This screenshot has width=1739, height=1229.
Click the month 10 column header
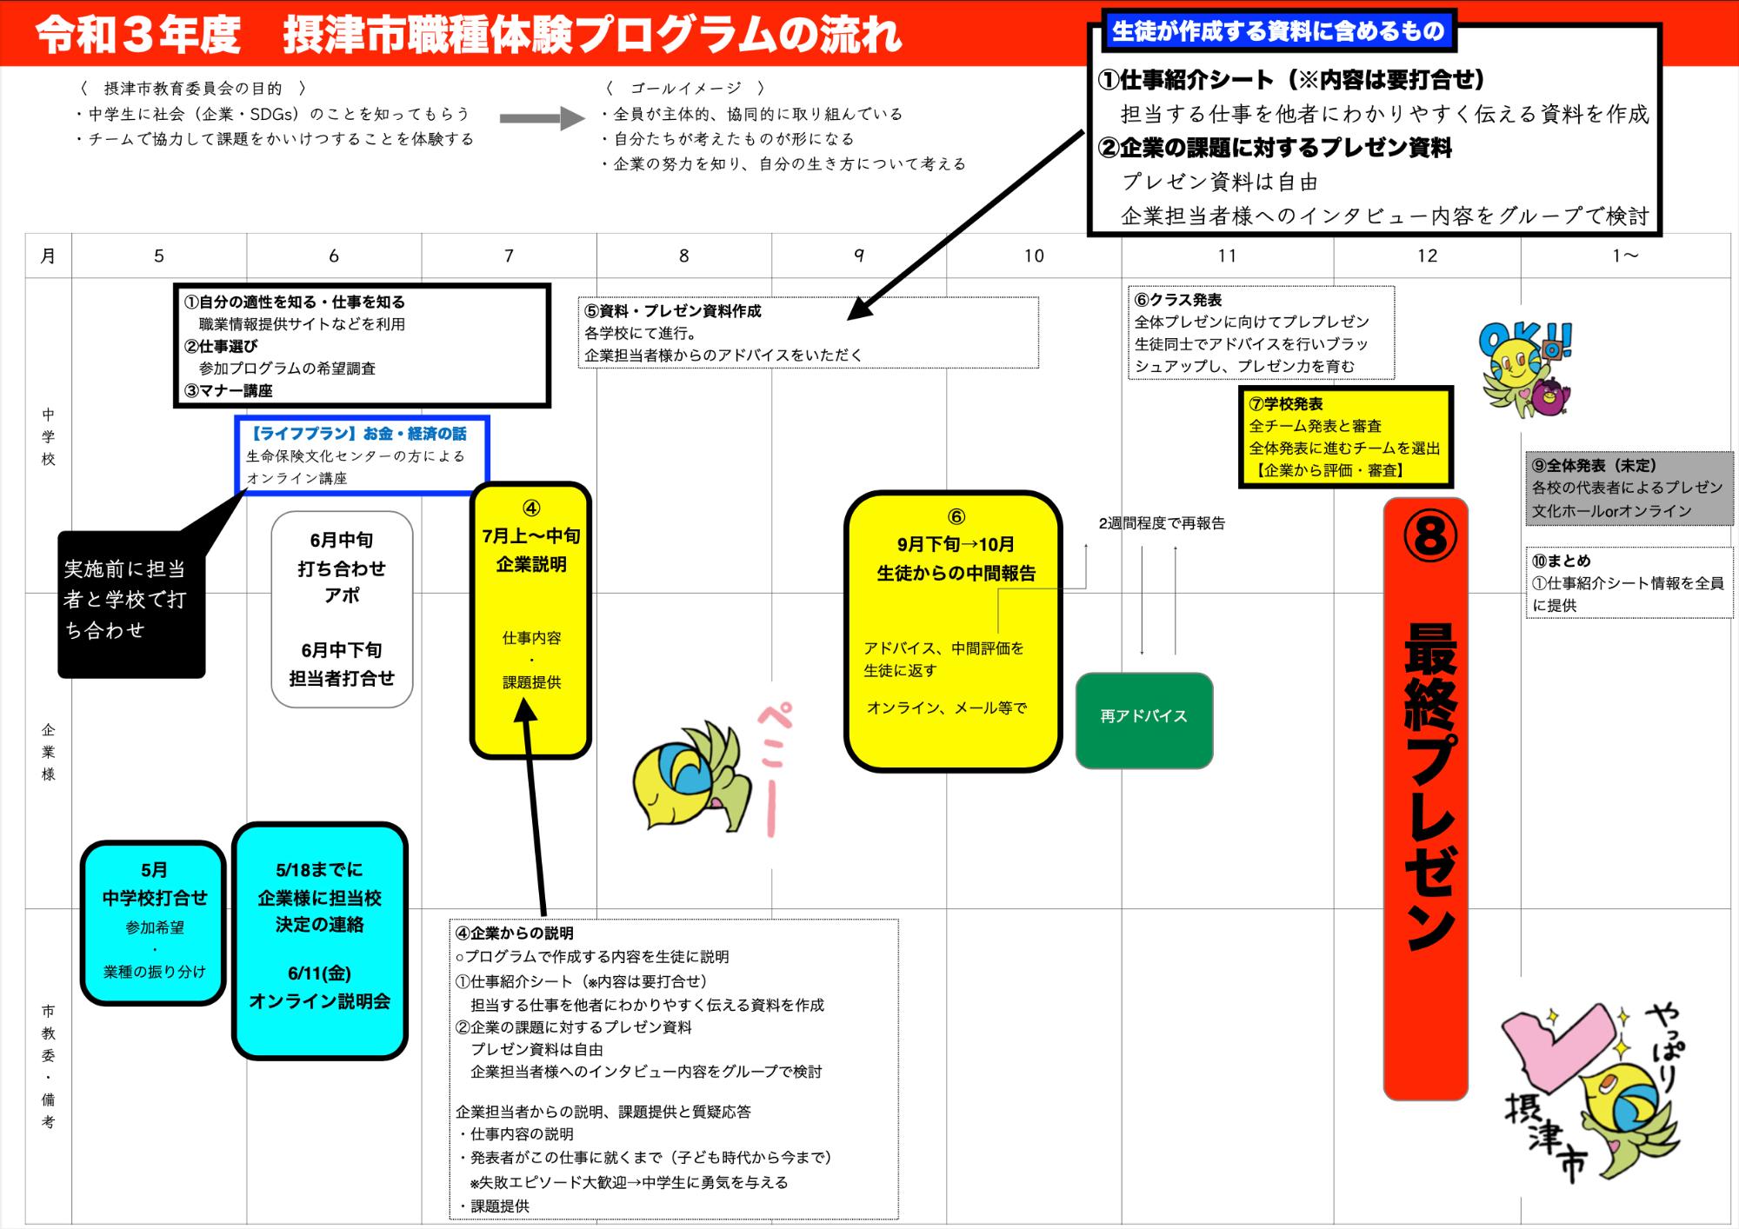click(1033, 256)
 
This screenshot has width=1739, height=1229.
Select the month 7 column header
click(509, 256)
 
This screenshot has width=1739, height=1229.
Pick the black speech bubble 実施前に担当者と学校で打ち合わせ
click(130, 604)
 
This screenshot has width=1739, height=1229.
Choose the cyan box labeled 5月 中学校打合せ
click(154, 922)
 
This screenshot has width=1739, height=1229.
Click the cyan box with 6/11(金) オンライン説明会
click(319, 940)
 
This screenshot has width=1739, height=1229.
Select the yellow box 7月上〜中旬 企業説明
click(530, 619)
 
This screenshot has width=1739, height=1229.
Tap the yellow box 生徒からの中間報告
click(953, 630)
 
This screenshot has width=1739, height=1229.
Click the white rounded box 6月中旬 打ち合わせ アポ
click(342, 608)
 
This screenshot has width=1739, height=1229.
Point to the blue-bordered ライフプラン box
click(362, 455)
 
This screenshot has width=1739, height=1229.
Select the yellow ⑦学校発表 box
click(1344, 437)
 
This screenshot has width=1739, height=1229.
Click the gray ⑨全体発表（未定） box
click(1629, 488)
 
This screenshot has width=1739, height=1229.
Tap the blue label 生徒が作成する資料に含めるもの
click(1277, 32)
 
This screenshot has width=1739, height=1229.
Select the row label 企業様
click(49, 752)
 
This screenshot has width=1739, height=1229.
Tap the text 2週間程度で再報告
click(1161, 523)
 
